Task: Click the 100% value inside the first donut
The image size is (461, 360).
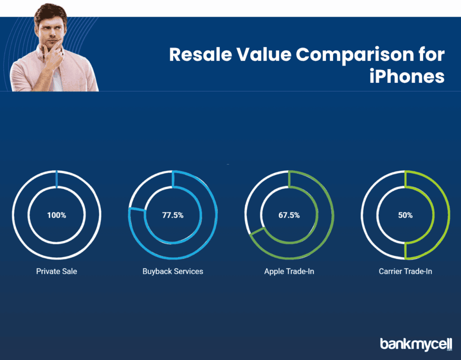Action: (x=57, y=215)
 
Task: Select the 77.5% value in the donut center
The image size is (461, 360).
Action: (x=173, y=215)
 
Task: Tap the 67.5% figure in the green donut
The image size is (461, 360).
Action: (x=289, y=215)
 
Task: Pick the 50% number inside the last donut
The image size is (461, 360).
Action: (x=405, y=215)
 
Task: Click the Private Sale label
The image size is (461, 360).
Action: (x=57, y=271)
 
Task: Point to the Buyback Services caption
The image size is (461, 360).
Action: (x=173, y=271)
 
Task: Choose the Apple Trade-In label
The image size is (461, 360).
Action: (x=289, y=271)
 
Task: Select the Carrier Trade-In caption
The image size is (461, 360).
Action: (x=405, y=271)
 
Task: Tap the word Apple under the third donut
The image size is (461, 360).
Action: (x=274, y=271)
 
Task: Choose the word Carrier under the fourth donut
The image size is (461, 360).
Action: (x=391, y=271)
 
